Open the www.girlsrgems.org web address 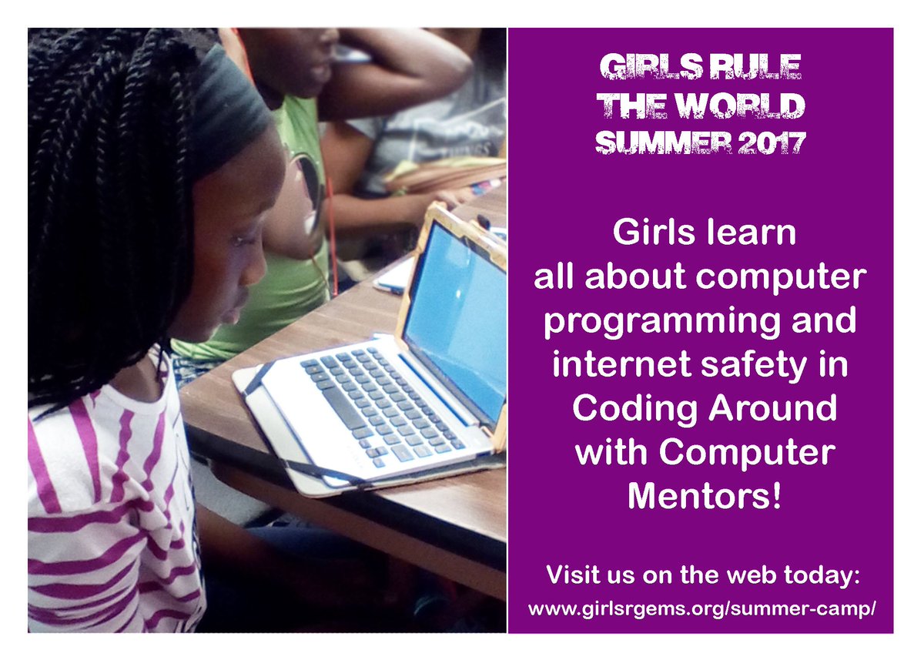tap(701, 608)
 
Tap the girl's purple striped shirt tap(108, 524)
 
